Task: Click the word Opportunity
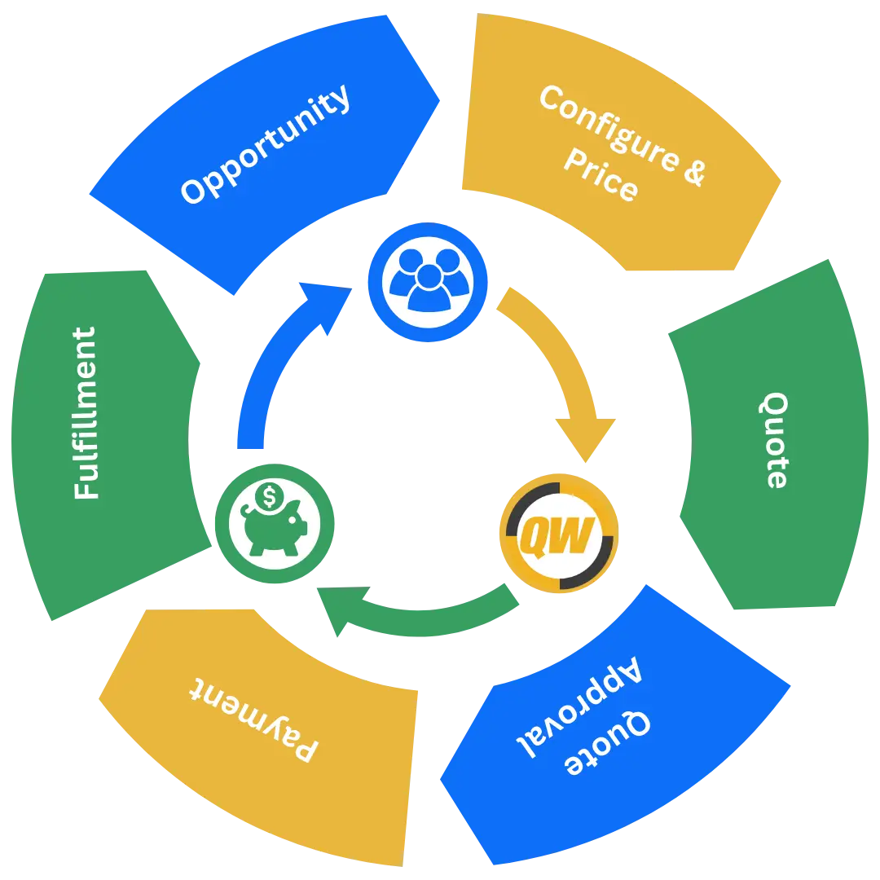[266, 145]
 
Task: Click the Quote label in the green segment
[776, 440]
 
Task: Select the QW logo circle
[558, 535]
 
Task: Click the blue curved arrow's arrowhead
[325, 305]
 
